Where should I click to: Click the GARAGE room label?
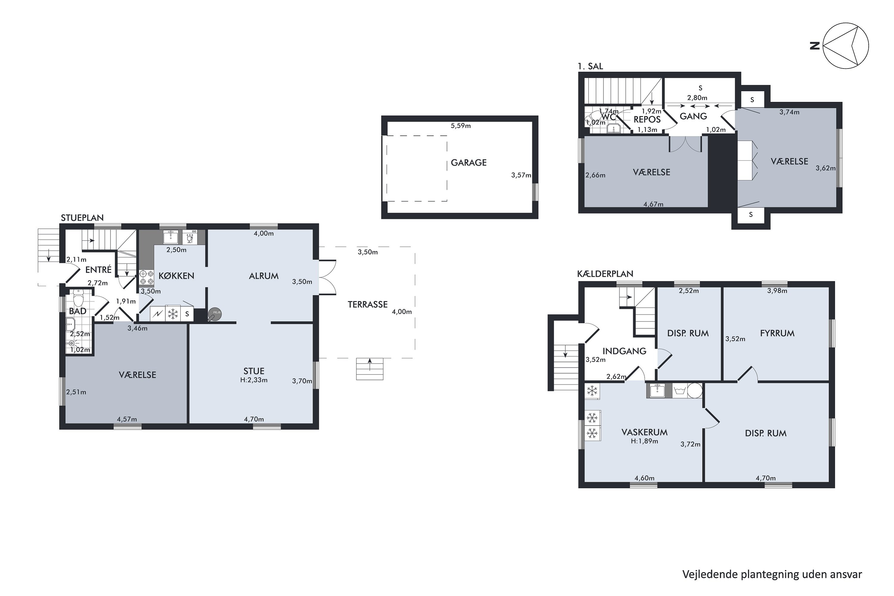pos(469,163)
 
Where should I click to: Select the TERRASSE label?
pos(367,305)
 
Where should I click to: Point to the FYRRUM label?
pos(777,333)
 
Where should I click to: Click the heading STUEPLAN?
pos(82,218)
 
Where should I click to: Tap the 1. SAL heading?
pos(590,66)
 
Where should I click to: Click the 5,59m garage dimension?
pos(461,126)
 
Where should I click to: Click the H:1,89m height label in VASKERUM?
pos(644,441)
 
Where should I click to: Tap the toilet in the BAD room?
pos(78,298)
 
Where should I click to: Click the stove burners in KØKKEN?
pos(146,277)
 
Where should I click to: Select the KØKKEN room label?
pos(176,276)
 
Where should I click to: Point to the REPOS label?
pos(647,119)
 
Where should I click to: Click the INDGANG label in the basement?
pos(625,351)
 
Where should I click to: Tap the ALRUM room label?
pos(264,276)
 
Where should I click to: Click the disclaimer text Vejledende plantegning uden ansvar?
pos(772,574)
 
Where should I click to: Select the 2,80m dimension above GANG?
pos(697,98)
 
